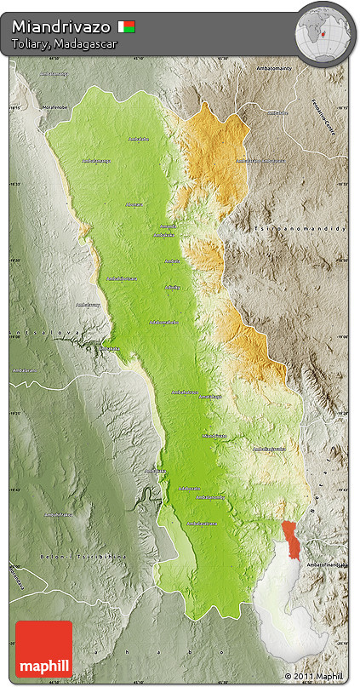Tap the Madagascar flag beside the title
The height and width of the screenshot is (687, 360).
coord(126,26)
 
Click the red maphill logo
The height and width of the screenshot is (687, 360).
coord(43,649)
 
